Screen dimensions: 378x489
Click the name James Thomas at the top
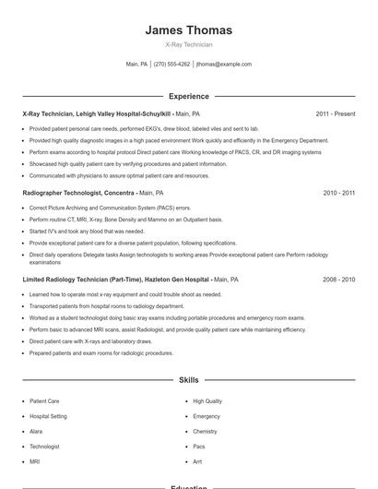point(188,30)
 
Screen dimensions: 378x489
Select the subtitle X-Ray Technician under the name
point(188,44)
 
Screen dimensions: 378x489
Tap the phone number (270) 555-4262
point(172,65)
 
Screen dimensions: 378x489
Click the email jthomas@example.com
point(224,65)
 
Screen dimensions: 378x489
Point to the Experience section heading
point(188,96)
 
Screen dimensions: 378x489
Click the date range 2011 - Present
point(335,114)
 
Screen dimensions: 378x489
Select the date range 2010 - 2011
point(338,194)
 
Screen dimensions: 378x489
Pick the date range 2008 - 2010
point(338,279)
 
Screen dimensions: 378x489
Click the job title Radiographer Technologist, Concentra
point(78,194)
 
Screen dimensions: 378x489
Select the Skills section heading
point(188,380)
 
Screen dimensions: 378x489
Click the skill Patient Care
point(44,401)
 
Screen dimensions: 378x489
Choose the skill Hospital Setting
point(48,416)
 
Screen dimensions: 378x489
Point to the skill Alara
point(36,431)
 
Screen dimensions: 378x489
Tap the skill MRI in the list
point(35,460)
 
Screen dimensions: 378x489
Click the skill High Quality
point(207,401)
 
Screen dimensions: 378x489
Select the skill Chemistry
point(205,431)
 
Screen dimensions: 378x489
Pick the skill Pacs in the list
point(199,446)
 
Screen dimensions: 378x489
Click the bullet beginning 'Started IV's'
point(87,232)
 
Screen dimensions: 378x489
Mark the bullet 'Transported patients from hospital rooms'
point(106,305)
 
